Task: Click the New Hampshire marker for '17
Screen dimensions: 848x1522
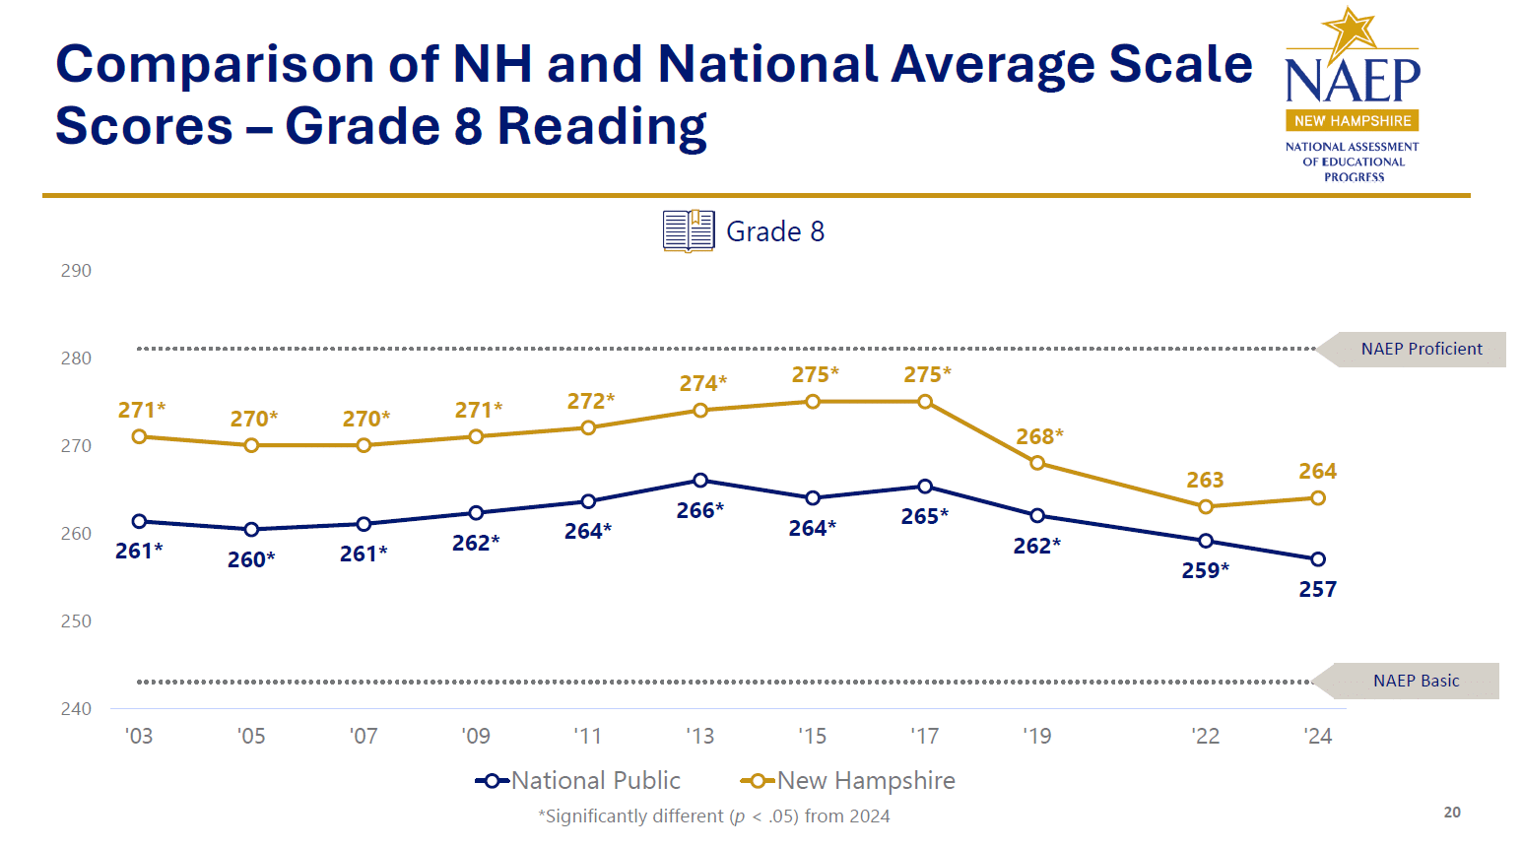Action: point(925,402)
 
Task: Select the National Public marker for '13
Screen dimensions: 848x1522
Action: point(700,481)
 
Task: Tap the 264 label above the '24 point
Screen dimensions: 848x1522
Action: point(1317,472)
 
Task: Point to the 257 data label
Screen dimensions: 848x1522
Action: point(1317,590)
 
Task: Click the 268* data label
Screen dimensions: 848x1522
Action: point(1039,436)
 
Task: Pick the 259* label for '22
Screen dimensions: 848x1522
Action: point(1205,570)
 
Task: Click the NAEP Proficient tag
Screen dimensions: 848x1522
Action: point(1421,349)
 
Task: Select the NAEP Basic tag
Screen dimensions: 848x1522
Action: point(1416,681)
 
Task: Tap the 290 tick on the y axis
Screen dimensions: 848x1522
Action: point(76,271)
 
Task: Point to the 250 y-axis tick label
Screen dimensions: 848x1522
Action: point(76,621)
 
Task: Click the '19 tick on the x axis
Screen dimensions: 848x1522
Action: point(1036,737)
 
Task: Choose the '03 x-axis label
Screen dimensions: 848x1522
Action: point(139,737)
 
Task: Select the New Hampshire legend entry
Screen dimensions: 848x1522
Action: point(848,781)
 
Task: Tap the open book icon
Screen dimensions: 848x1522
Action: point(689,231)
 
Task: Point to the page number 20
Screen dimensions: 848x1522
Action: point(1452,813)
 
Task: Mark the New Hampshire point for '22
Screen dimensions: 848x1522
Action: point(1206,506)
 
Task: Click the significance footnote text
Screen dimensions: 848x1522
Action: point(713,816)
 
